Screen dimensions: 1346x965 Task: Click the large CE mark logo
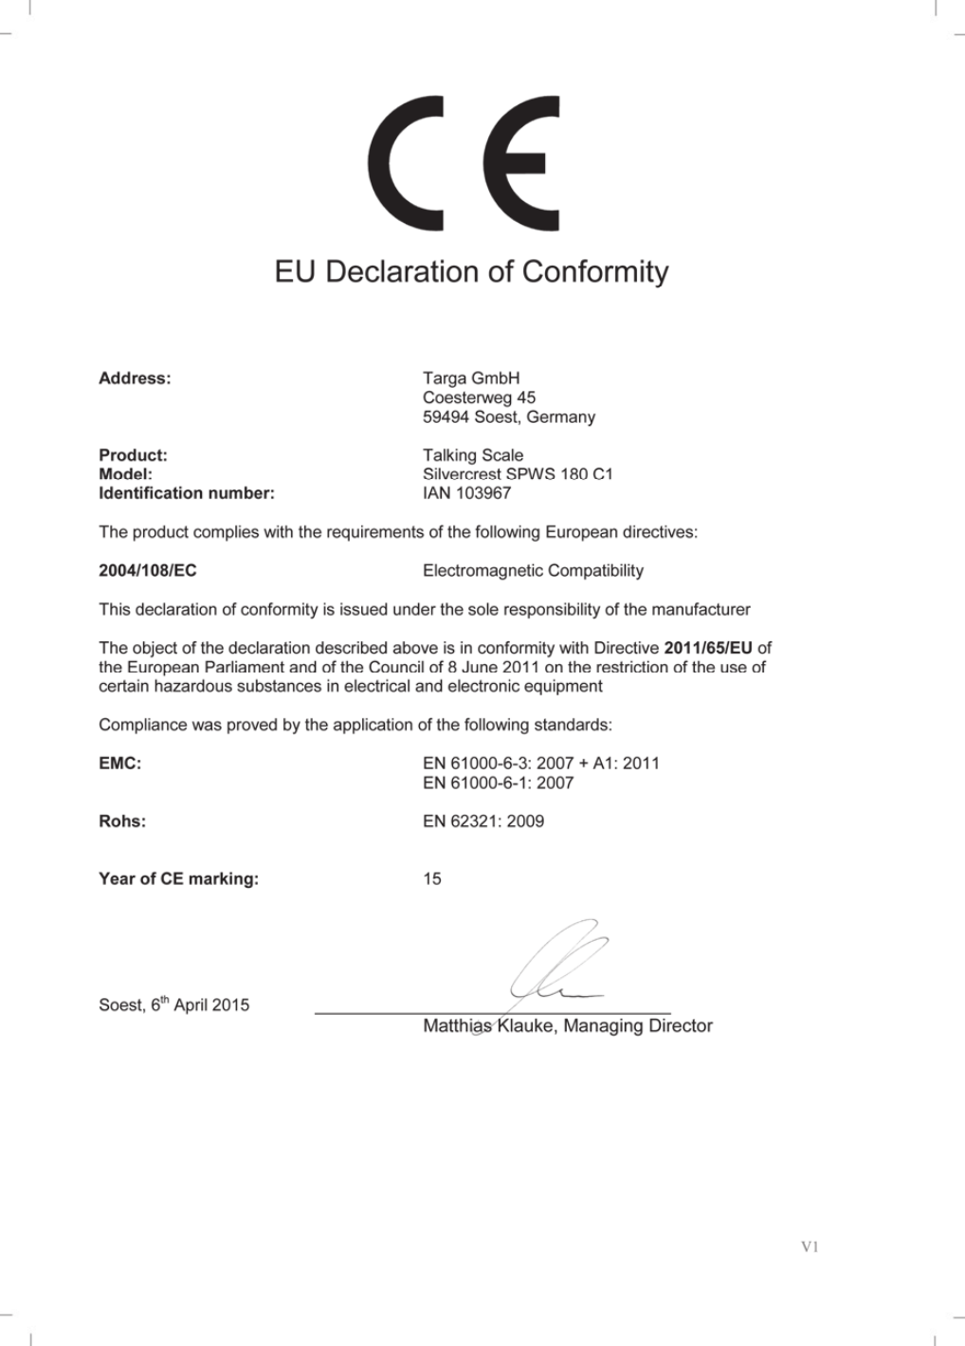click(x=464, y=163)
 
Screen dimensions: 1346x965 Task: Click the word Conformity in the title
click(x=594, y=272)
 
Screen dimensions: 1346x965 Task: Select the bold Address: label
click(x=135, y=378)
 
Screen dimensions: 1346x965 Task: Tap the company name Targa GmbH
click(x=471, y=378)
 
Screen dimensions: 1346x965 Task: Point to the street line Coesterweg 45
click(x=479, y=397)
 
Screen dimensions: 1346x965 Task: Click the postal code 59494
click(x=445, y=417)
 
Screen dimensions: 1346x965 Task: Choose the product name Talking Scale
click(x=473, y=455)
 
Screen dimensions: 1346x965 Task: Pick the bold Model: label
click(x=125, y=474)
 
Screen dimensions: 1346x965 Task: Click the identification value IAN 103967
click(x=466, y=493)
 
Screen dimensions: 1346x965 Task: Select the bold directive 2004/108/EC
click(x=148, y=571)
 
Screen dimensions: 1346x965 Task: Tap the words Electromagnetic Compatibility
click(x=533, y=571)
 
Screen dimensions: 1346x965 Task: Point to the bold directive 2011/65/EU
click(x=708, y=649)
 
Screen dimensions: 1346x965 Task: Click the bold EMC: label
click(x=120, y=764)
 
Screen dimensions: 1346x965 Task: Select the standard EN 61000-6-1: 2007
click(x=498, y=784)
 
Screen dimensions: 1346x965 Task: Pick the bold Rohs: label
click(x=122, y=821)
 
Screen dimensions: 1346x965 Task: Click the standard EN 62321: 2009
click(x=483, y=821)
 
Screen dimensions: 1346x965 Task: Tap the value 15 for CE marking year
click(x=432, y=879)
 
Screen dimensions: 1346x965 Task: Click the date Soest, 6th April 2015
click(x=173, y=1005)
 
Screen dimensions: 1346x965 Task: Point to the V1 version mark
click(x=810, y=1247)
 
